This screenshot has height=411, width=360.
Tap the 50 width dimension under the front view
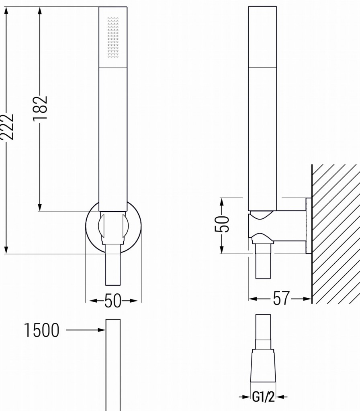(113, 301)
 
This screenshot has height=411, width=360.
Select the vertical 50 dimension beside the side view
(222, 224)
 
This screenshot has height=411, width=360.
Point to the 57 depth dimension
(281, 299)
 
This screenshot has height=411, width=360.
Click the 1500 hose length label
(42, 330)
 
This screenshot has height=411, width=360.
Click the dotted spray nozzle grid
(113, 37)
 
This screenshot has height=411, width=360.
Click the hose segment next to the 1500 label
(113, 361)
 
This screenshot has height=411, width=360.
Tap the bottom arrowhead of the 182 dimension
(40, 206)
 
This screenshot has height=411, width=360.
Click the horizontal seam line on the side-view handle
(262, 67)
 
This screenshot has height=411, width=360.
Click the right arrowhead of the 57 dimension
(308, 299)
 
